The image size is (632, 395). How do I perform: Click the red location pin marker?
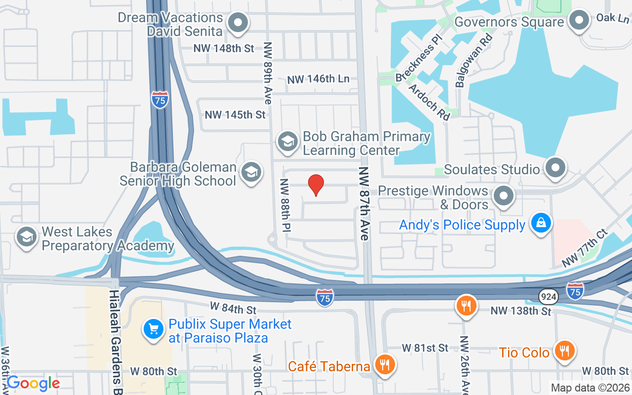pos(316,185)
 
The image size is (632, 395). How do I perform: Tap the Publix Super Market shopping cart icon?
pos(154,329)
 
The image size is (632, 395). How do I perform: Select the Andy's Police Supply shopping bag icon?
pos(541,224)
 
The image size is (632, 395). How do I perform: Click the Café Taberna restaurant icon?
pos(384,365)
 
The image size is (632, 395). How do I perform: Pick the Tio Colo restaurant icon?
pos(563,351)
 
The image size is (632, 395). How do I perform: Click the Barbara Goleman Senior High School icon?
pos(251,173)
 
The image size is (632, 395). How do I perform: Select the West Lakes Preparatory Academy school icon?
pos(27,237)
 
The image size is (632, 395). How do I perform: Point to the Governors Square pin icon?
pos(579,21)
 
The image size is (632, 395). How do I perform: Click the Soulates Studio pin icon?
pos(556,168)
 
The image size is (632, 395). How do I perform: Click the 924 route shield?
pos(549,296)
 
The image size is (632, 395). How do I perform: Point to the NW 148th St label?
pos(225,48)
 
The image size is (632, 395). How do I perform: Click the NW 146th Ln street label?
pos(318,79)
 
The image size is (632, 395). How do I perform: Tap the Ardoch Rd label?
pos(430,102)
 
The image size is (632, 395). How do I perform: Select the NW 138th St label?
pos(520,311)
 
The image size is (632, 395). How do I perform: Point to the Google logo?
pos(33,383)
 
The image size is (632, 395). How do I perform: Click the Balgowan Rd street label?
pos(474,61)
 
